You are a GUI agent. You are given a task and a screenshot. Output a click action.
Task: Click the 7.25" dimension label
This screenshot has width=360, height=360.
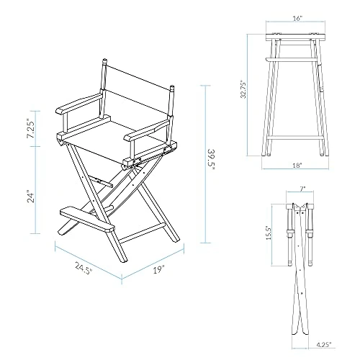[30, 128]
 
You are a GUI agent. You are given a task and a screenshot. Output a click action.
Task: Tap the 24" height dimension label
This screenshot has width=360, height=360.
[31, 197]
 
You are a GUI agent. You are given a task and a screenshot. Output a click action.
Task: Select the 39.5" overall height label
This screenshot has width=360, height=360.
[211, 160]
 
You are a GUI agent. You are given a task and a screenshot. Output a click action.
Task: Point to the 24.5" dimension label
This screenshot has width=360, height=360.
[84, 268]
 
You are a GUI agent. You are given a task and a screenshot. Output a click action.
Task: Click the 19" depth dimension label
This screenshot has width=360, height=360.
[159, 270]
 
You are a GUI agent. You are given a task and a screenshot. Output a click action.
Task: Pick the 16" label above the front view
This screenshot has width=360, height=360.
[297, 19]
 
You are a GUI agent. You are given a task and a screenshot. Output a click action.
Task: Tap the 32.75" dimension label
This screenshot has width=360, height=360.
[244, 90]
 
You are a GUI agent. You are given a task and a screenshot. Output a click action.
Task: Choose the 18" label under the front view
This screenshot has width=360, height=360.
[297, 165]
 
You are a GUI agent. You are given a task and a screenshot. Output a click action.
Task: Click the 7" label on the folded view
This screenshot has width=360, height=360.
[302, 189]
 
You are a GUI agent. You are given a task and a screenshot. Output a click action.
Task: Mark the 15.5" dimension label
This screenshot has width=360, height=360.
[269, 233]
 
